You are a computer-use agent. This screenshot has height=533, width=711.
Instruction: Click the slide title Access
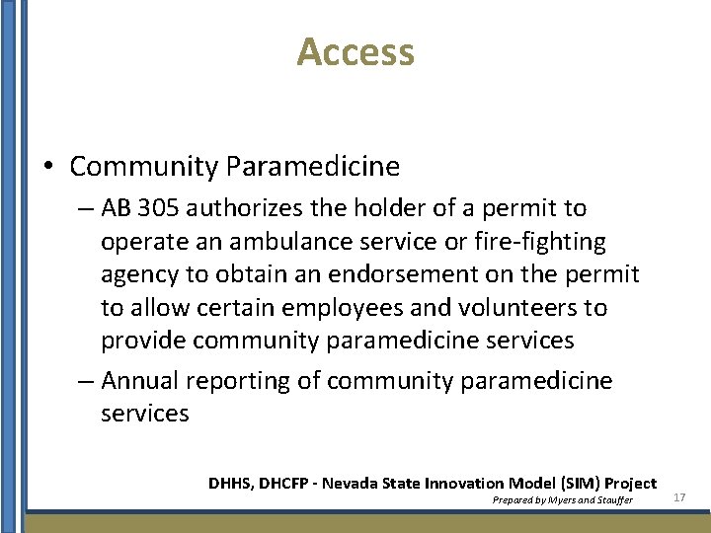tap(355, 51)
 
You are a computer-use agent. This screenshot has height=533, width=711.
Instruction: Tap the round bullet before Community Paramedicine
tap(48, 167)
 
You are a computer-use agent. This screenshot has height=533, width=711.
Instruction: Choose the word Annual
tap(143, 381)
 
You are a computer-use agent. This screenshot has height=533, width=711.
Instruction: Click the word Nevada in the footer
tap(361, 484)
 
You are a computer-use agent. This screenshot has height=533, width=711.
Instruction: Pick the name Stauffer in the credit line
tap(615, 500)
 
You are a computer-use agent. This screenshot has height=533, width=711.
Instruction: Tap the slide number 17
tap(679, 497)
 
